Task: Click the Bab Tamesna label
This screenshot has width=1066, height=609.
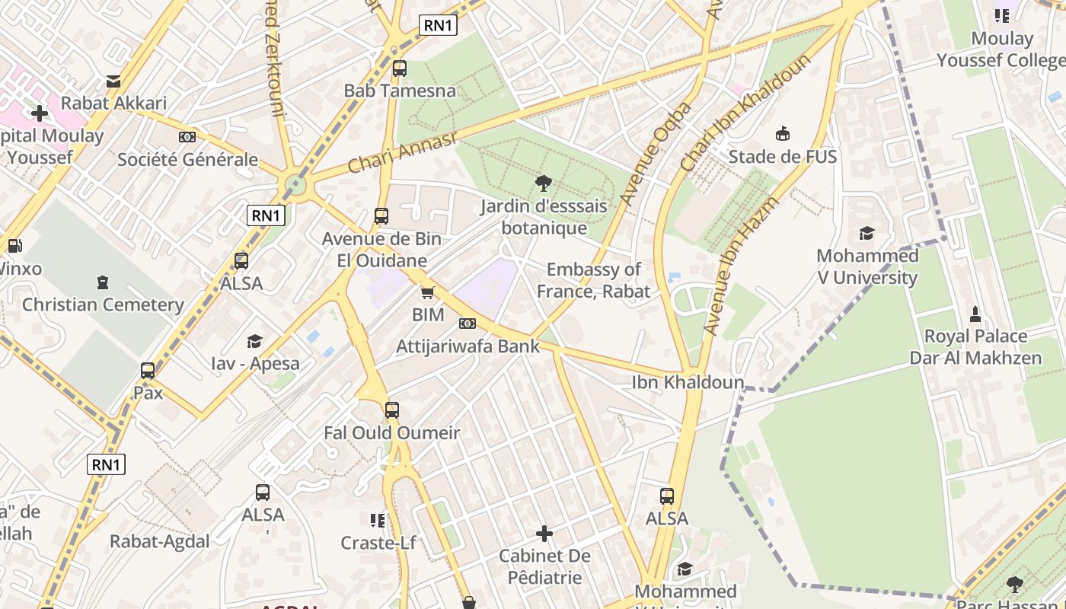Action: coord(400,91)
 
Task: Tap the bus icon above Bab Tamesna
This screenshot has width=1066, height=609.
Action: coord(400,69)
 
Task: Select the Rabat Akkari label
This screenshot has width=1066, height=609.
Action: coord(113,103)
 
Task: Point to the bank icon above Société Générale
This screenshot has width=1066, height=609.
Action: coord(187,137)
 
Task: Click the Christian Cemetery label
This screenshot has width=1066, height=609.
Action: coord(103,304)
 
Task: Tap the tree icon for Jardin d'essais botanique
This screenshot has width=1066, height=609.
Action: coord(544,183)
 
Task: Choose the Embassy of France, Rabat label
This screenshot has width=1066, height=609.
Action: coord(594,280)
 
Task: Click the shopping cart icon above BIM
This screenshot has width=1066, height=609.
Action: coord(428,292)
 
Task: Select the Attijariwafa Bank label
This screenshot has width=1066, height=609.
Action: coord(468,346)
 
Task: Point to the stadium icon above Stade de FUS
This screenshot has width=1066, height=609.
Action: coord(782,135)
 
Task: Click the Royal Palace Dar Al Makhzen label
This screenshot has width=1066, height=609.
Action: coord(975,347)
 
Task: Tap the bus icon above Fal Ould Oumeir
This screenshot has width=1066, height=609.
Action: coord(392,410)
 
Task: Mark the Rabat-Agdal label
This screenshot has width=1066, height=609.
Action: coord(160,541)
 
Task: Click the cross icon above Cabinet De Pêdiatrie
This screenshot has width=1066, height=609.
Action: coord(544,533)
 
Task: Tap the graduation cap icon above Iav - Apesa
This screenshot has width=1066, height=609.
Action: coord(254,342)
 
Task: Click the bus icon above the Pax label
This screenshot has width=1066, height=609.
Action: coord(148,371)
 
